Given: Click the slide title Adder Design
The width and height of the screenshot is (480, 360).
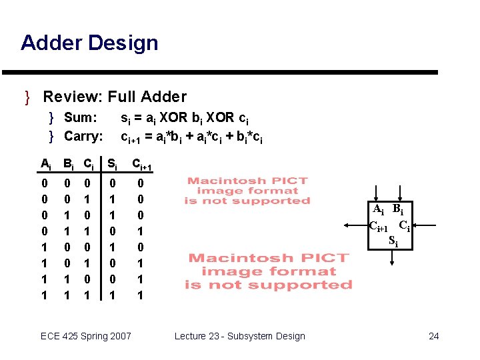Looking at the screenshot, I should point(89,43).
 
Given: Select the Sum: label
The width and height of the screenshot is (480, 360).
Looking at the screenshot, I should point(81,118).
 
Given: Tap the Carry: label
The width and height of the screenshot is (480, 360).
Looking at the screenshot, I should point(84,137).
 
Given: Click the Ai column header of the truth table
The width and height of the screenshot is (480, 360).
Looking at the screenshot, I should point(45,163).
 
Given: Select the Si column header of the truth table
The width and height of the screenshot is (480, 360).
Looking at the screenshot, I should point(113,163).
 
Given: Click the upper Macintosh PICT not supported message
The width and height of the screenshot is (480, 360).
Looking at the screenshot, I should point(247,191).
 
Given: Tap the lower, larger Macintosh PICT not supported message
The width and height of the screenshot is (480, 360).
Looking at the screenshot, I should point(269,271).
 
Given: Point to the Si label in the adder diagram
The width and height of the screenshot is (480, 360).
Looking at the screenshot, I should point(393,239).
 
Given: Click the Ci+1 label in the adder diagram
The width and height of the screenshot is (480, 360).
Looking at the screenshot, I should point(381,225).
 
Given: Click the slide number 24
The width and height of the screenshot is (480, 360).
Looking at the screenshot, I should point(433,336).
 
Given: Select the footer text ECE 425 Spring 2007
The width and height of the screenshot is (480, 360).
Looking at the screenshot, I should point(86,336).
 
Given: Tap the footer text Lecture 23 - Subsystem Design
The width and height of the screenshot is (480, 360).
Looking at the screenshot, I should point(240,336).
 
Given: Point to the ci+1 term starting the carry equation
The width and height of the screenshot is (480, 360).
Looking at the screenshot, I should point(131,137).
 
